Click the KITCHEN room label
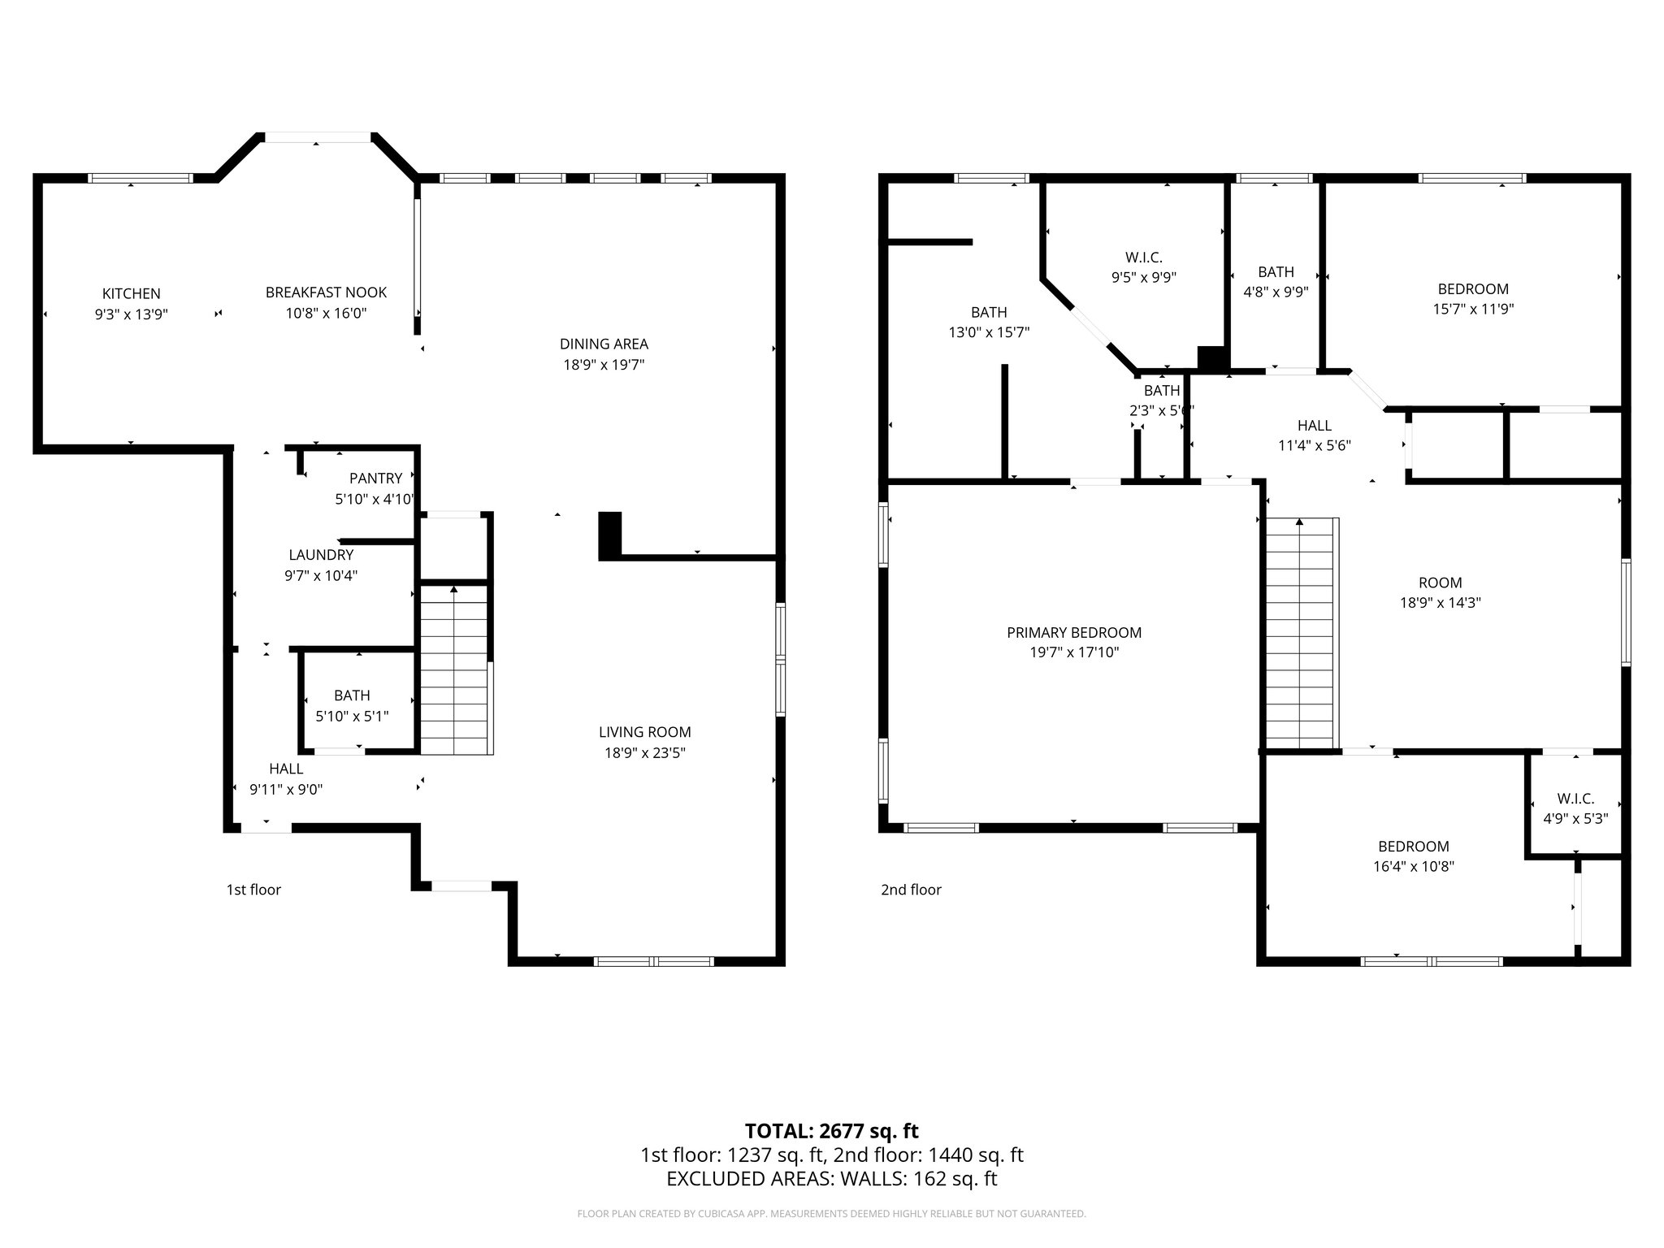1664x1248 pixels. click(x=131, y=293)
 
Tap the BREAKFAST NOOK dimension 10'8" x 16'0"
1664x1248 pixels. click(x=326, y=314)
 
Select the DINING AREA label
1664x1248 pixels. click(x=604, y=344)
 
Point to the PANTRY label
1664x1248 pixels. click(x=375, y=479)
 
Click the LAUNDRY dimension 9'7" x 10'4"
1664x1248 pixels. click(x=321, y=576)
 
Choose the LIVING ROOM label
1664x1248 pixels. click(x=645, y=732)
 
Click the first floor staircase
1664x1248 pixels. click(x=454, y=670)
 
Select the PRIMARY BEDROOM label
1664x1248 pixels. click(x=1073, y=632)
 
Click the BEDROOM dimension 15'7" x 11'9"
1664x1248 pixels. click(x=1473, y=310)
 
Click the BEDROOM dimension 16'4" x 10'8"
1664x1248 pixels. click(x=1413, y=867)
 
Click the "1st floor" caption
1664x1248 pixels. click(x=253, y=890)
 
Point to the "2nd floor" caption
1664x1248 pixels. click(x=911, y=890)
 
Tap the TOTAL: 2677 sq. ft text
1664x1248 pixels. click(x=831, y=1131)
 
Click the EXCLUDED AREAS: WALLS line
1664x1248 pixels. click(x=831, y=1179)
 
